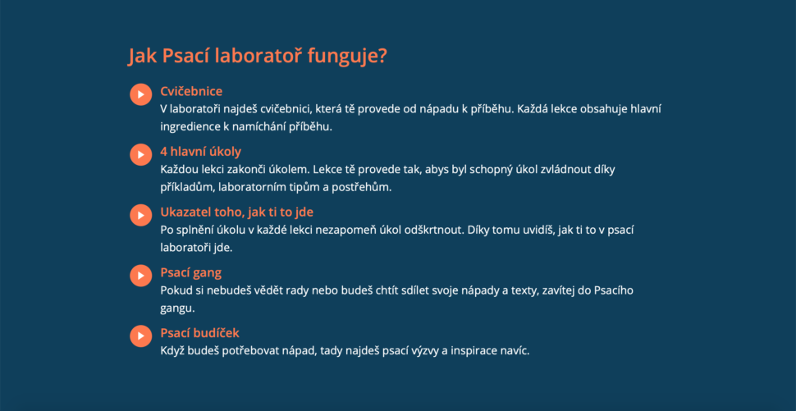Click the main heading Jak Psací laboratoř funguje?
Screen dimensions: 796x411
[x=258, y=57]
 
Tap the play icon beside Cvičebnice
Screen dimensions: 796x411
[x=140, y=94]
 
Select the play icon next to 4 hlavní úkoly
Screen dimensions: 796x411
[x=140, y=155]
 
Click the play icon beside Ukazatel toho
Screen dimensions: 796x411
[x=140, y=215]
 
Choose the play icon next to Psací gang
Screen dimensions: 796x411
[x=140, y=276]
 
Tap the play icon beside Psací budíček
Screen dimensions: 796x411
[x=140, y=336]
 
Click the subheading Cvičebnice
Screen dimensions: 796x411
[x=191, y=91]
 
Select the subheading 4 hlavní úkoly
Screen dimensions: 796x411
[x=200, y=152]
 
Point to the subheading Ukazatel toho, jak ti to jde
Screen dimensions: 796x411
[x=236, y=212]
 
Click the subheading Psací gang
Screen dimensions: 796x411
[x=191, y=273]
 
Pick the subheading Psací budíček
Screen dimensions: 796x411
[x=199, y=333]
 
